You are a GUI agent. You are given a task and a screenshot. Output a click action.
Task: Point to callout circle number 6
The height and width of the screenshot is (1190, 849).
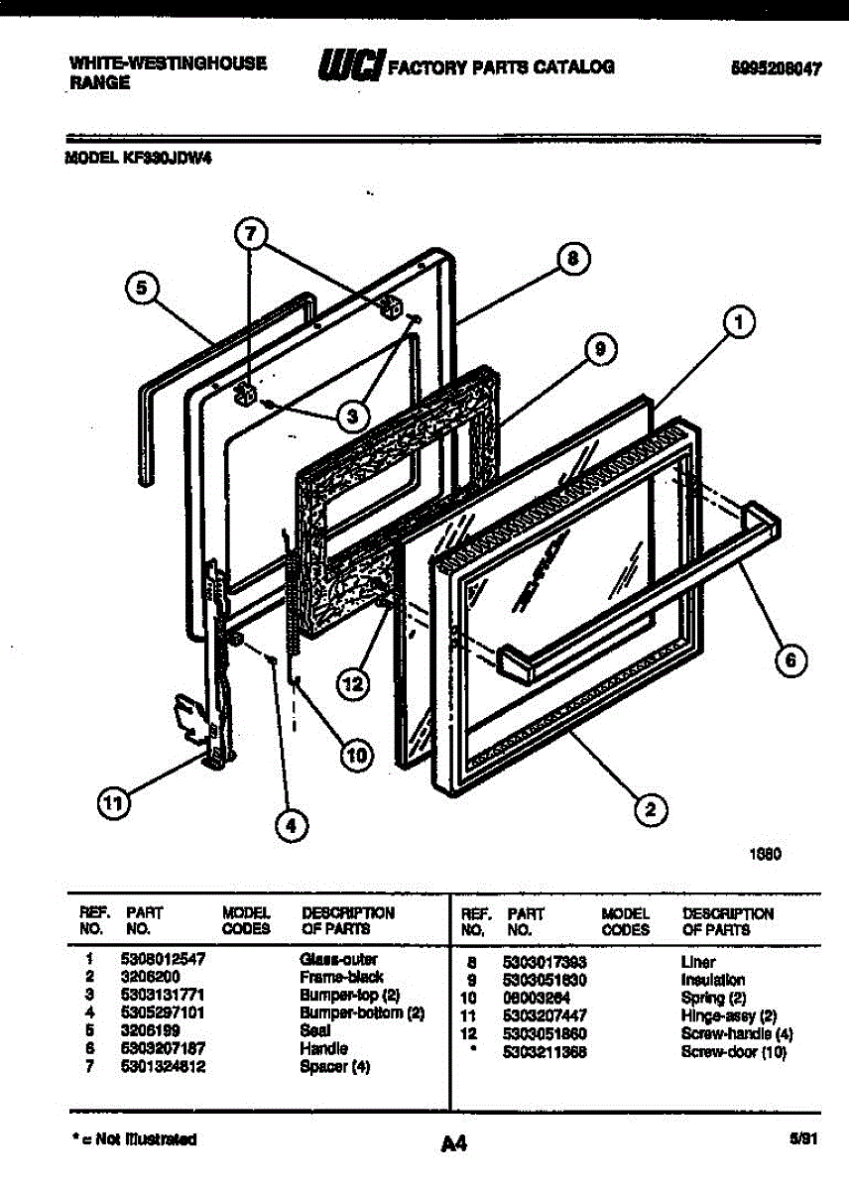(789, 660)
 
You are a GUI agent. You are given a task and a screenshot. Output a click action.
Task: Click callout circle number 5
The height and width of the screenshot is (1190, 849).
(143, 289)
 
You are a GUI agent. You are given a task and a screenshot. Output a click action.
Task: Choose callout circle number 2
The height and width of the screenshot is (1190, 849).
(650, 810)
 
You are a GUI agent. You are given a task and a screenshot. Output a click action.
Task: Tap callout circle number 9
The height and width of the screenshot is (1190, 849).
(598, 348)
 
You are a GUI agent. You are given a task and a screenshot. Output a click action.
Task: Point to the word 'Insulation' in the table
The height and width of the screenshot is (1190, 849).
(712, 980)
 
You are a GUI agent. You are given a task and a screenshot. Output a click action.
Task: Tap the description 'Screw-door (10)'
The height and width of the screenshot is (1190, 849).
(733, 1051)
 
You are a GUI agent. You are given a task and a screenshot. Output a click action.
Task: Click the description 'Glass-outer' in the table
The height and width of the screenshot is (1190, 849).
(338, 960)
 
